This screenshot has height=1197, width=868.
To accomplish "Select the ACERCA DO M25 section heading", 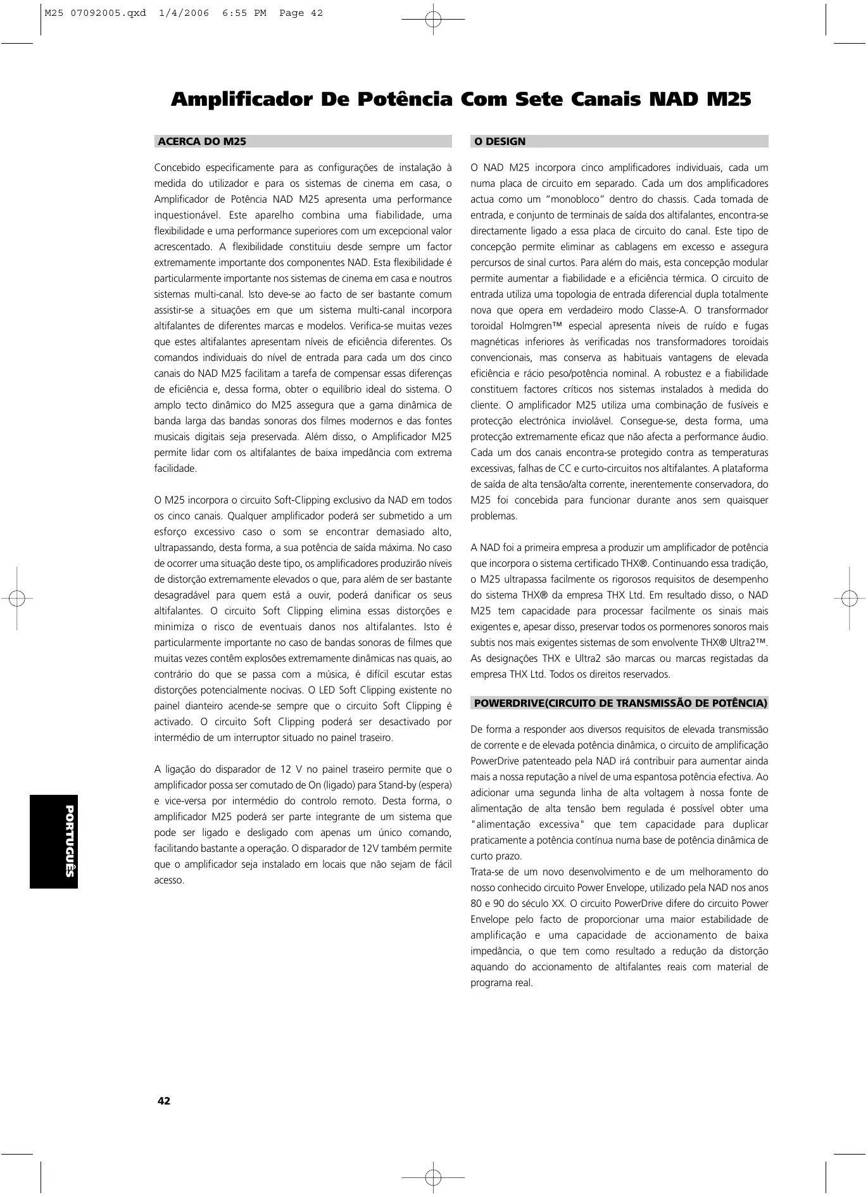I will [202, 142].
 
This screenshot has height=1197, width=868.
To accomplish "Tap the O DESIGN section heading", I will [500, 142].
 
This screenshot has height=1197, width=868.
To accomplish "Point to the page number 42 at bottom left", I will [164, 1101].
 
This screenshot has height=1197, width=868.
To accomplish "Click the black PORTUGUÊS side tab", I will [54, 841].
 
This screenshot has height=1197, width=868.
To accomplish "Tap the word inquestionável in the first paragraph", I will [186, 215].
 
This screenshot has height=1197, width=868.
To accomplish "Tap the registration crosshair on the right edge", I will [848, 598].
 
